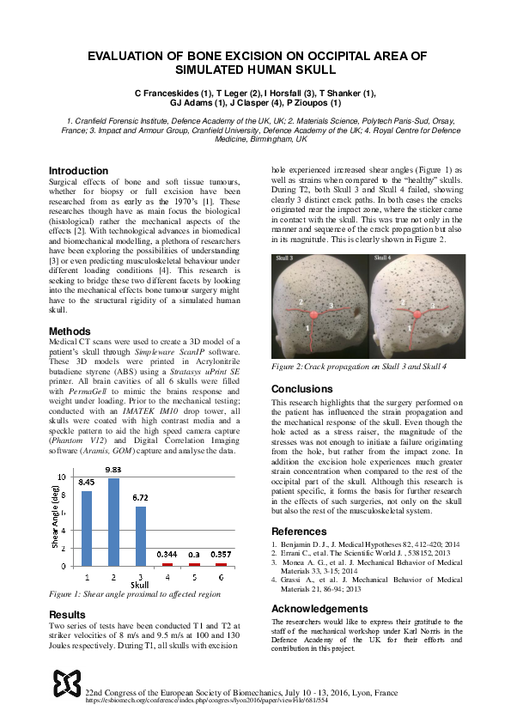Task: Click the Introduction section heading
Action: [78, 171]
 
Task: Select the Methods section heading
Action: [70, 331]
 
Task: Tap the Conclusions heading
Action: [301, 388]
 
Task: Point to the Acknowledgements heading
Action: [319, 608]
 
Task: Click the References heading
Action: [299, 532]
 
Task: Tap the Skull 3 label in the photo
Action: [286, 258]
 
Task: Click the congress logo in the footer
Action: [66, 683]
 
